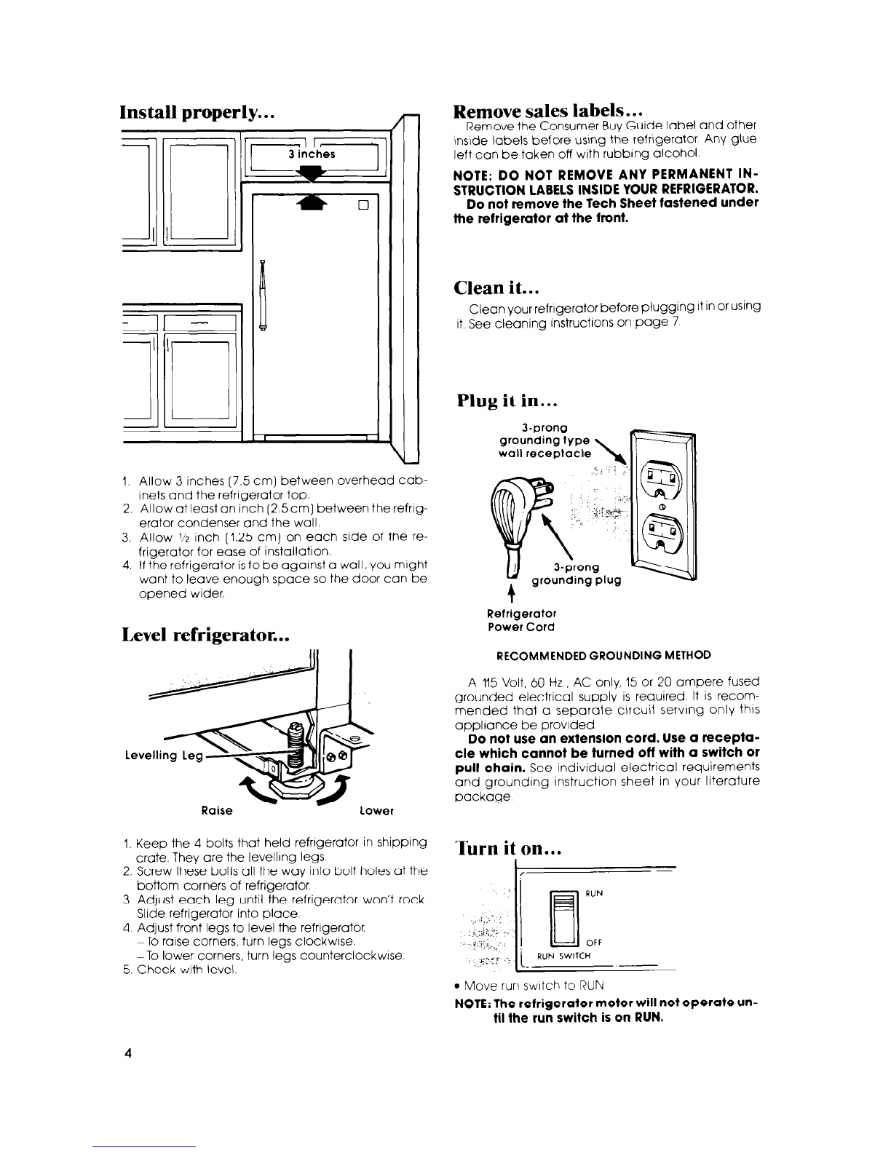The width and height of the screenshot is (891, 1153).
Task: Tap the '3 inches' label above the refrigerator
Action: point(311,154)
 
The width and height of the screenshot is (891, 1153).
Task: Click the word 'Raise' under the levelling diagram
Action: point(218,810)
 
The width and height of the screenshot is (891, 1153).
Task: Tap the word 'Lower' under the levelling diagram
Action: point(376,810)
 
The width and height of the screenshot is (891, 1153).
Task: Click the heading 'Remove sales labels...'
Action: point(546,111)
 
